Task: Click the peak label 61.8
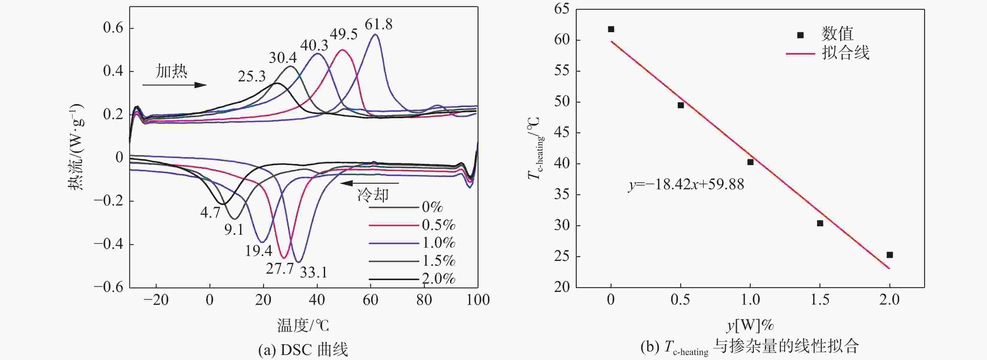378,24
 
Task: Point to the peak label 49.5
344,34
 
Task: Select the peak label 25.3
252,77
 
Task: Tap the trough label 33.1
314,272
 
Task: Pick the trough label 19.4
259,251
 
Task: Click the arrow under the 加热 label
175,85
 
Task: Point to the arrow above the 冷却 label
369,183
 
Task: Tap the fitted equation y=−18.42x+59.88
686,185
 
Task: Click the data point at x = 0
611,29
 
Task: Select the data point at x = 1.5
820,223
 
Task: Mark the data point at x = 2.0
890,255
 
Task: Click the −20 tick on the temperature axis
156,300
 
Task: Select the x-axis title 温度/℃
303,326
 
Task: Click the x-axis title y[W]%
750,326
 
